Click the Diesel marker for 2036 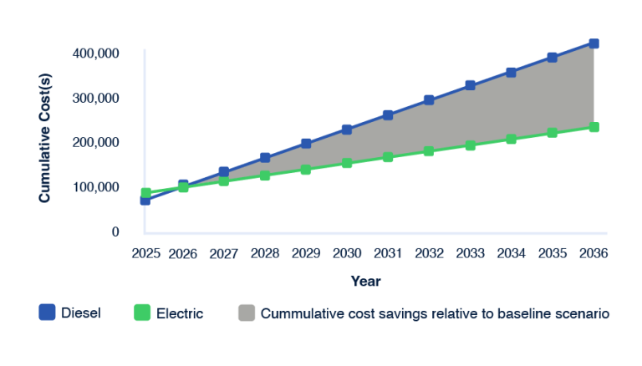tap(594, 43)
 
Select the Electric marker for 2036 tap(594, 127)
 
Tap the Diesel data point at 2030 tap(347, 130)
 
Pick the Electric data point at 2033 tap(471, 145)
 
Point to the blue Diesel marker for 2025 tap(145, 200)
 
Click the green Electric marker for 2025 tap(145, 193)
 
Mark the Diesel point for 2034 tap(511, 73)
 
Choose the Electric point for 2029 tap(306, 169)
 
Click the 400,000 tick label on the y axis tap(97, 53)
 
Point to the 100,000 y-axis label tap(97, 187)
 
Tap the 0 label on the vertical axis tap(116, 231)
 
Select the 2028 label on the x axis tap(265, 252)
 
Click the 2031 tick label tap(388, 252)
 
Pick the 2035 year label tap(552, 252)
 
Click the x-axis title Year tap(365, 281)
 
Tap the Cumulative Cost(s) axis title tap(45, 139)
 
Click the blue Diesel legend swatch tap(47, 313)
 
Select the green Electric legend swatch tap(142, 313)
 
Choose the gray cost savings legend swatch tap(246, 313)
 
